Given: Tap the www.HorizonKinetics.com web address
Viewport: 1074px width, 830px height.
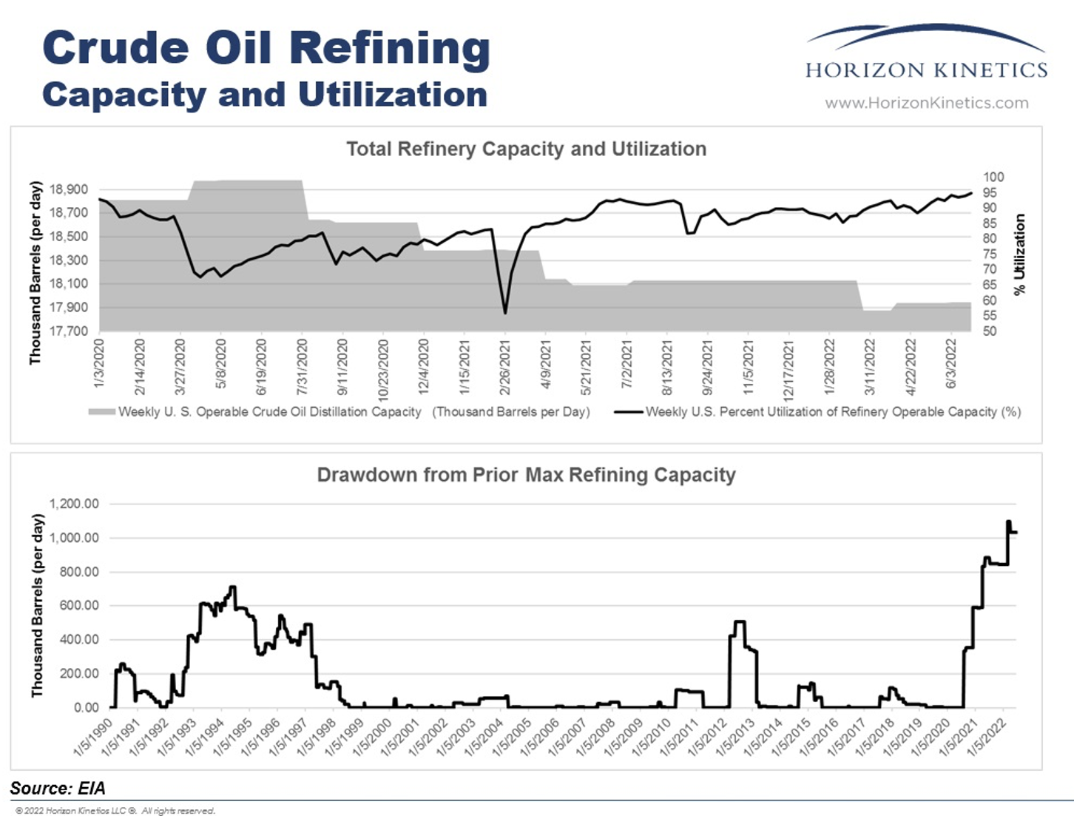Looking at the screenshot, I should (926, 103).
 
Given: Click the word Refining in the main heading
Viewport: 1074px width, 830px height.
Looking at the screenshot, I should (389, 48).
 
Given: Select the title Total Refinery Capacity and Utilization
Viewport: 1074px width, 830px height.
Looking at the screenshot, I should (526, 149).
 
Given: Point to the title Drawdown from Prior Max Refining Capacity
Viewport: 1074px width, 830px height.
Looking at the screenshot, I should (526, 475).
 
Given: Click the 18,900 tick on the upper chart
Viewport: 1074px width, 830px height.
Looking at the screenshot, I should (69, 189).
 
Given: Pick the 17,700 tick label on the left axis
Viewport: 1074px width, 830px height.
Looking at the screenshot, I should (69, 331).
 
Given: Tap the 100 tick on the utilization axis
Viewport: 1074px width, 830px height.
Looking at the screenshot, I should (993, 177).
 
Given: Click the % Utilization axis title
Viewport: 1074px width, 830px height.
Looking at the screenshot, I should (1020, 254).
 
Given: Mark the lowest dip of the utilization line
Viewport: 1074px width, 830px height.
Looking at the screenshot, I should (505, 313).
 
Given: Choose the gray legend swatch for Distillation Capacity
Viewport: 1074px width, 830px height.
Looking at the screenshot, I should (102, 411).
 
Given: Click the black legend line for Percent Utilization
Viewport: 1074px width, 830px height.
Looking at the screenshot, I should (629, 411).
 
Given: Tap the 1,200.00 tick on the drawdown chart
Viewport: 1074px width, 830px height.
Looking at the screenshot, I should (74, 504).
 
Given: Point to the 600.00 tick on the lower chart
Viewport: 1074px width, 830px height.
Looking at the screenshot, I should (74, 605).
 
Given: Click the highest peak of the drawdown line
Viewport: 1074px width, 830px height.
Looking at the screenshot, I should (1008, 522).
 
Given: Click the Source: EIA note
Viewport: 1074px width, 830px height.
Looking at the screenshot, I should (58, 789).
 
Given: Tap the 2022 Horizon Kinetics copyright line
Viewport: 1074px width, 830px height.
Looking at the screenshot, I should (115, 811).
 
